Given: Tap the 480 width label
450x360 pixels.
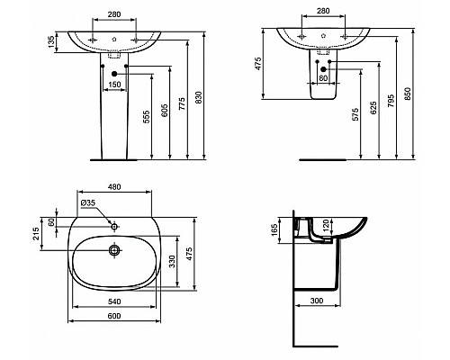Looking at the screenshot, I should (114, 187).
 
